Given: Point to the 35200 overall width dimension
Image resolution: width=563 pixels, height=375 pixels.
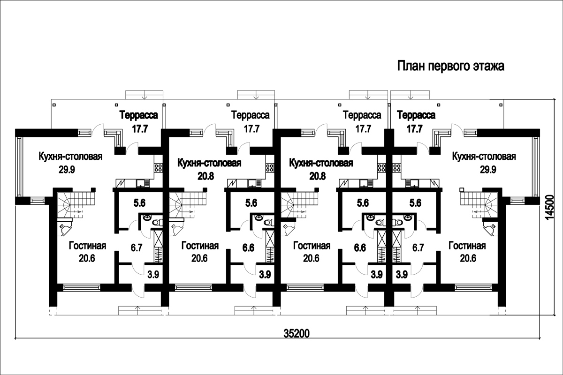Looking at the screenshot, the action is click(297, 334).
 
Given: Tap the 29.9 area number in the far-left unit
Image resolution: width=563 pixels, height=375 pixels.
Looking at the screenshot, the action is click(67, 170).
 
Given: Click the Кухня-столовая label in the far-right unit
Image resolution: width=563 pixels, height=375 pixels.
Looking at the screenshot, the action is click(484, 156).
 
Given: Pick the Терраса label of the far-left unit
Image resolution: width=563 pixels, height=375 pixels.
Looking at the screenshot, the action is click(139, 115).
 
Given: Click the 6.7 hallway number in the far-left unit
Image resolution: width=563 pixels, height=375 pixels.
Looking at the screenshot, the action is click(137, 248).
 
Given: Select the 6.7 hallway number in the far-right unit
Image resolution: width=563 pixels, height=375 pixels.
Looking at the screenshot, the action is click(418, 248).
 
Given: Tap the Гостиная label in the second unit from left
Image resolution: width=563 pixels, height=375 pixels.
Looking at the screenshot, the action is click(200, 246).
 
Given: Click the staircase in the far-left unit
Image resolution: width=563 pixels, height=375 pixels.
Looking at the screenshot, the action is click(76, 204).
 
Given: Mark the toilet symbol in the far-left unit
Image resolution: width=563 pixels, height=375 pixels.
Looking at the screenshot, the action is click(157, 223).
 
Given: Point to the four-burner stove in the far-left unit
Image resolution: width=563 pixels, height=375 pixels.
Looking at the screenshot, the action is click(159, 168).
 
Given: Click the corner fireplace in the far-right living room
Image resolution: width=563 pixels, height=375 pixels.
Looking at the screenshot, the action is click(490, 229).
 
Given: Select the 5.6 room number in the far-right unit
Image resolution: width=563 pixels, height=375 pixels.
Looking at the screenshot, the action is click(415, 203).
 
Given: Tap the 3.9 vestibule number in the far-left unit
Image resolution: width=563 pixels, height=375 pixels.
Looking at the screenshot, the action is click(153, 275).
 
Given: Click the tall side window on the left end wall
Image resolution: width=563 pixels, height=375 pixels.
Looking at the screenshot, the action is click(19, 167).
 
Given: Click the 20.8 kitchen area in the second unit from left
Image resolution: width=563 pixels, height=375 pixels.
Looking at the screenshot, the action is click(205, 176).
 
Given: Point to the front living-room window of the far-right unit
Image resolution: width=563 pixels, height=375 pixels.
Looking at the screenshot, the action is click(473, 288).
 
